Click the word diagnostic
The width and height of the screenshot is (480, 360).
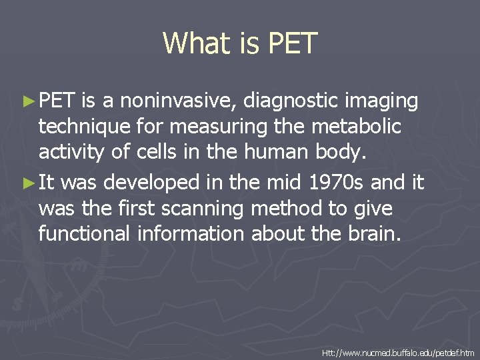click(x=293, y=101)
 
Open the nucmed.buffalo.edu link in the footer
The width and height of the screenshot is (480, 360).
click(x=398, y=351)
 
